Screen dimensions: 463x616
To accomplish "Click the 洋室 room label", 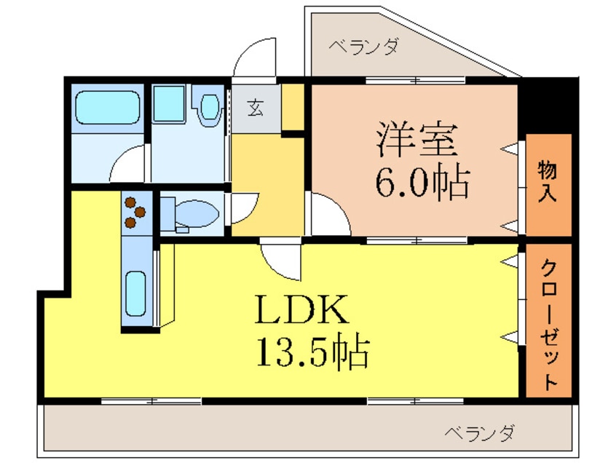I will click(x=416, y=140).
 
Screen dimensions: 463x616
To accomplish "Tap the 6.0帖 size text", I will click(x=421, y=183).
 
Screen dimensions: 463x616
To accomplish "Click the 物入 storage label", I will click(x=548, y=184).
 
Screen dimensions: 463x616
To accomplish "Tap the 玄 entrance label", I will click(x=256, y=108).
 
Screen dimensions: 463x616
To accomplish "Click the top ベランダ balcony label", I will click(x=363, y=48).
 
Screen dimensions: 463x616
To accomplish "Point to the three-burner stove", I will click(x=135, y=212).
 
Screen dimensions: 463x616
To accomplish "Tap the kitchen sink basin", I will click(x=135, y=292).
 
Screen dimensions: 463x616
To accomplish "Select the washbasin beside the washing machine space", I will click(x=210, y=107).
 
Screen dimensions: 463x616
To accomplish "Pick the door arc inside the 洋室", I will click(x=328, y=215).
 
